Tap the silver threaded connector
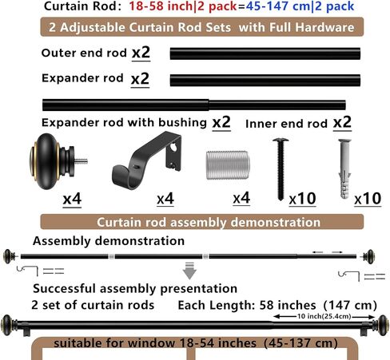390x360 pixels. tap(228, 165)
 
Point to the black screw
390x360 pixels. tap(281, 169)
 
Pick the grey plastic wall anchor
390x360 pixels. tap(344, 168)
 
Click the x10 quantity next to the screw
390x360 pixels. tap(303, 199)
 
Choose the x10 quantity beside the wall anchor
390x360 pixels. tap(368, 199)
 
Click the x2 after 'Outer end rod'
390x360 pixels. tap(141, 53)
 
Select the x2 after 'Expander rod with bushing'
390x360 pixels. tap(221, 122)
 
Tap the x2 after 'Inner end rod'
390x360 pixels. tap(342, 123)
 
